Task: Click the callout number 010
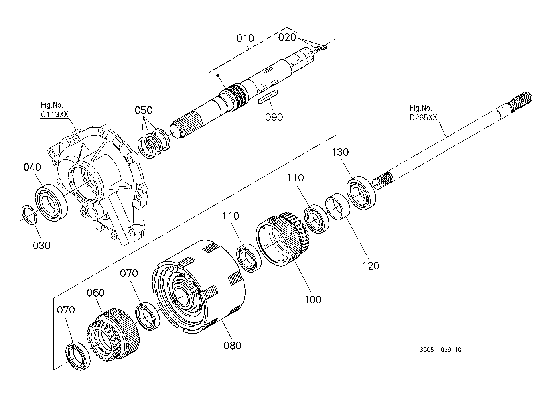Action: tap(245, 38)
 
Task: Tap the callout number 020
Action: tap(287, 37)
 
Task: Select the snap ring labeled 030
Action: tap(29, 214)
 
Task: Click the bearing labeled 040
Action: tap(51, 203)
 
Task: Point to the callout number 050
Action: tap(144, 110)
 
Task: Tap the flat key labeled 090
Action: tap(268, 97)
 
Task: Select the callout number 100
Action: tap(313, 300)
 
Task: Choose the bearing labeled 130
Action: tap(361, 193)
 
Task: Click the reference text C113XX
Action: tap(54, 114)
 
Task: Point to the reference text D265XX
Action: tap(423, 118)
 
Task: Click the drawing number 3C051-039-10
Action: tap(440, 350)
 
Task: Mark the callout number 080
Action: tap(232, 346)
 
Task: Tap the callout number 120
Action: tap(371, 266)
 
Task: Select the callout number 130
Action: tap(340, 152)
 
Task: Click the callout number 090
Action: tap(274, 117)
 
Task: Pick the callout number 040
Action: tap(32, 167)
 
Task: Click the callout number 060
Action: tap(96, 293)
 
